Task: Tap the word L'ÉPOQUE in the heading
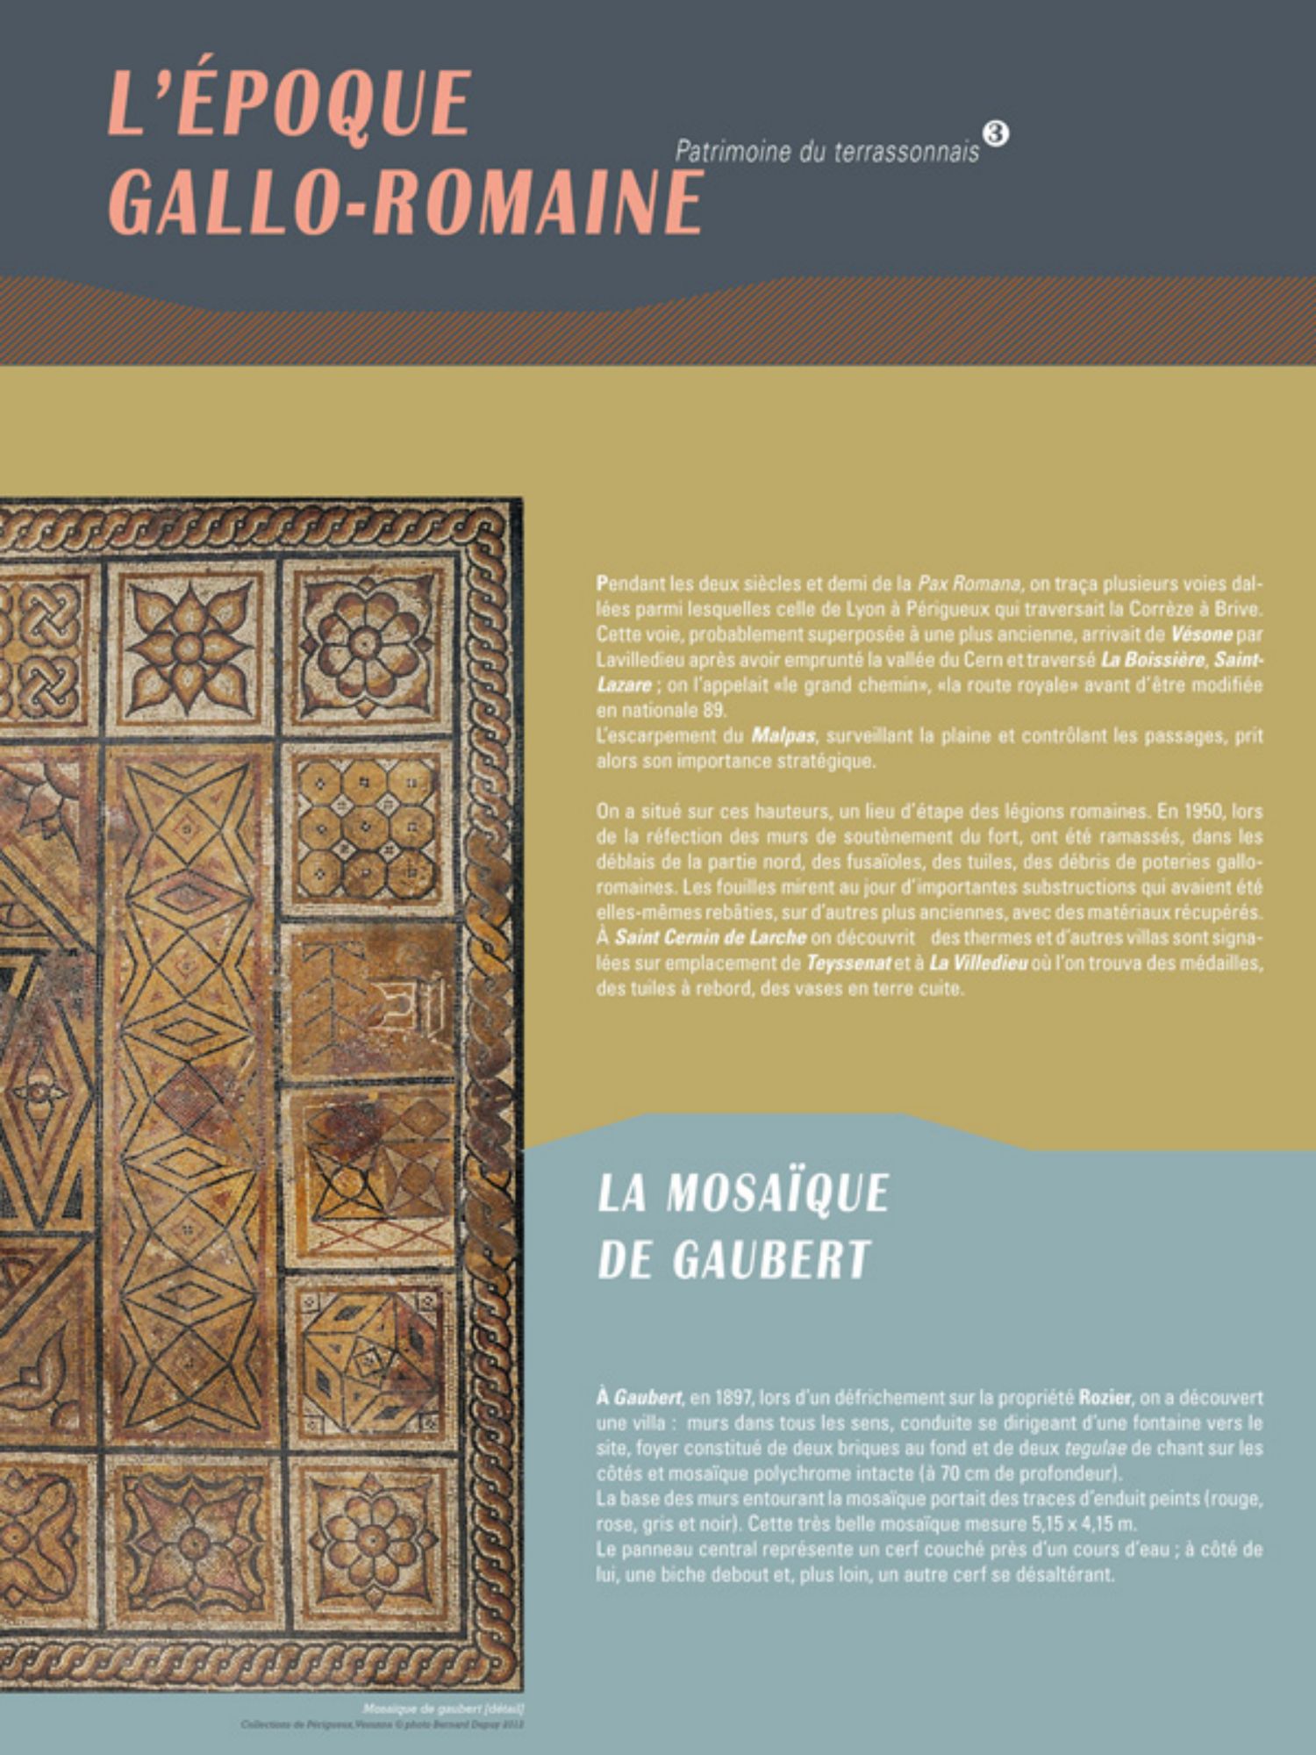point(290,103)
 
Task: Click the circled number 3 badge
point(996,133)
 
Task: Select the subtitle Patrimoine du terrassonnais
point(826,152)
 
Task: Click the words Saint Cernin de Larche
point(710,937)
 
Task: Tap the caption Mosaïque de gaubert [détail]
point(442,1708)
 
